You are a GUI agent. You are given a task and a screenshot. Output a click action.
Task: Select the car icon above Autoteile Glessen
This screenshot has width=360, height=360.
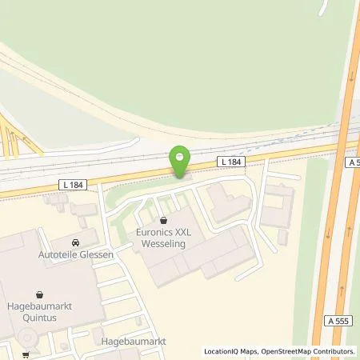[x=74, y=241]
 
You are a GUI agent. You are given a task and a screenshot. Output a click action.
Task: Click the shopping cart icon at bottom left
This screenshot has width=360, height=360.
[x=25, y=354]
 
